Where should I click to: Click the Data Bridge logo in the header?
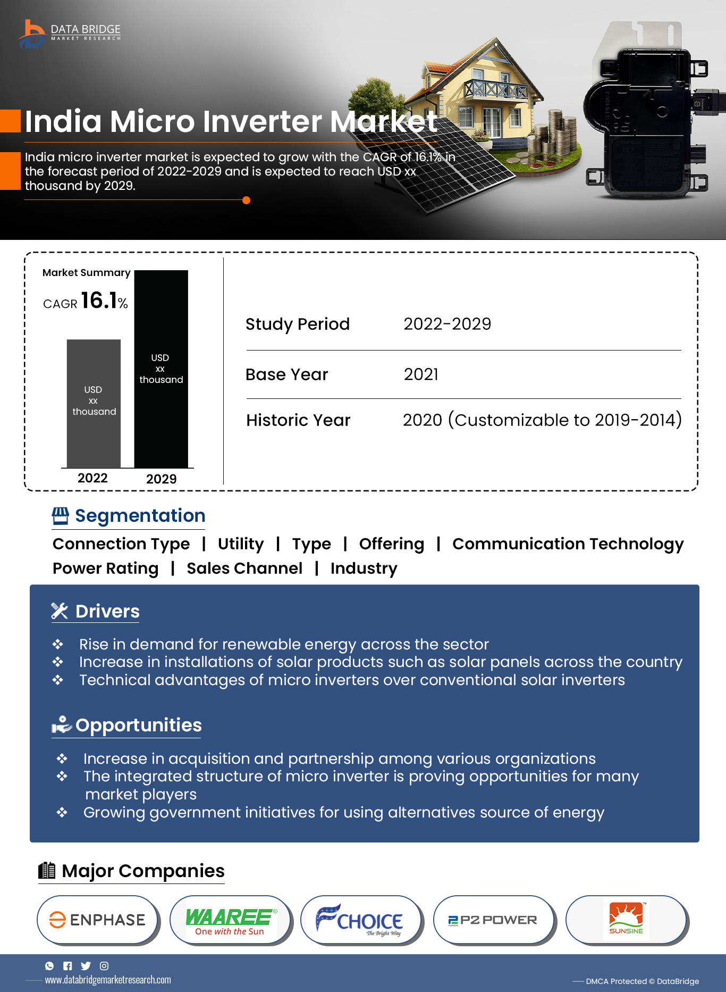(70, 33)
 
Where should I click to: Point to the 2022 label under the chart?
(92, 478)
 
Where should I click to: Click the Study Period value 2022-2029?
(447, 324)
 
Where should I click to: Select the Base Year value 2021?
(421, 374)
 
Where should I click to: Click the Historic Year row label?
(298, 420)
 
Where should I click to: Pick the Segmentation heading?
(140, 516)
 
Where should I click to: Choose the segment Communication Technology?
(568, 544)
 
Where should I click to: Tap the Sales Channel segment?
(244, 568)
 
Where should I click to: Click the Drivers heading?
(107, 612)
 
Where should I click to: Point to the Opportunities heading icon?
(61, 724)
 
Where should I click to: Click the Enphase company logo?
(98, 920)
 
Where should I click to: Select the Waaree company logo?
(231, 921)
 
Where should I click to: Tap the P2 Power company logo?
(493, 920)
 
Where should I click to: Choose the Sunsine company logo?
(626, 919)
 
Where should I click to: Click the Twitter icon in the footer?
(86, 966)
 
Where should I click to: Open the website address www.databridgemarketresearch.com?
(108, 980)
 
